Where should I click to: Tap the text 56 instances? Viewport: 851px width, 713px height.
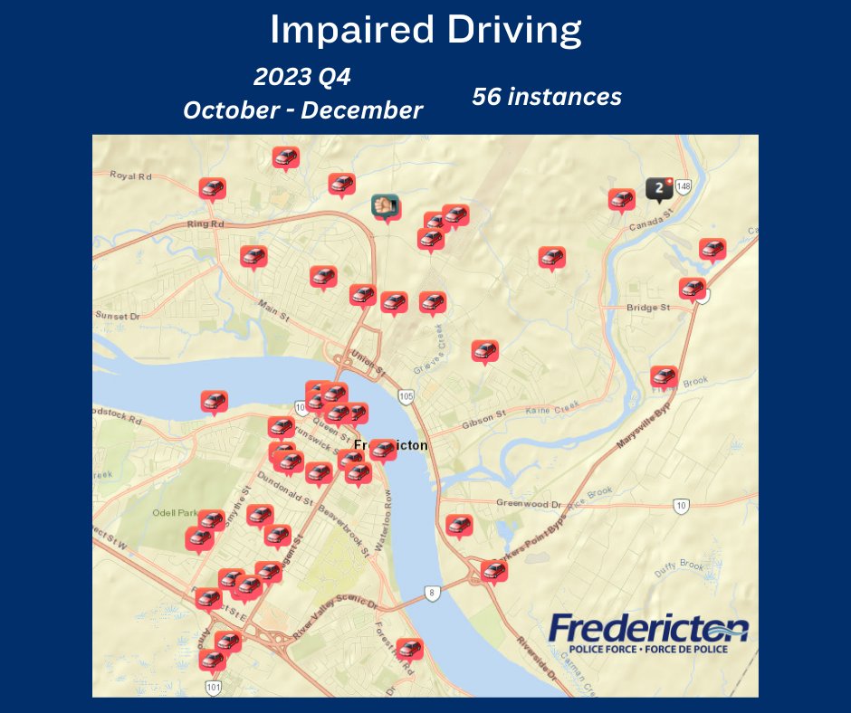[x=546, y=97]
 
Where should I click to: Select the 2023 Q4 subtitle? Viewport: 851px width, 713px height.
[x=301, y=78]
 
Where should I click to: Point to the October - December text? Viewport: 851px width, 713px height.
[x=302, y=110]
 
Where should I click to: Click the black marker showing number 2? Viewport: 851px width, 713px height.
[x=658, y=187]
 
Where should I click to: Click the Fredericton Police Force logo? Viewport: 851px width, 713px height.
[x=648, y=633]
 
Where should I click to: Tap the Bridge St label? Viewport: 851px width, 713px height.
[x=648, y=308]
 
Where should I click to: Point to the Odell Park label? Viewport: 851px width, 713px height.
[x=176, y=513]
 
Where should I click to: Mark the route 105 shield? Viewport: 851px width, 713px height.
[x=406, y=395]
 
